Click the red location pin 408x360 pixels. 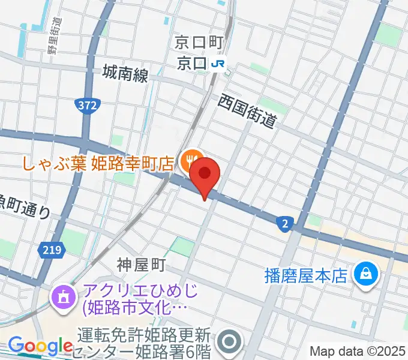tap(205, 175)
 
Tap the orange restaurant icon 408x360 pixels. tap(191, 160)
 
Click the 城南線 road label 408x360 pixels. tap(125, 74)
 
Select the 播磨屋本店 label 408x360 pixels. tap(306, 275)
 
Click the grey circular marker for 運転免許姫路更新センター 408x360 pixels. tap(229, 341)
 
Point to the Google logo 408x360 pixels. tap(40, 346)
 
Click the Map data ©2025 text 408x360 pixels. tap(358, 351)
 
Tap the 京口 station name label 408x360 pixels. tap(193, 63)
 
